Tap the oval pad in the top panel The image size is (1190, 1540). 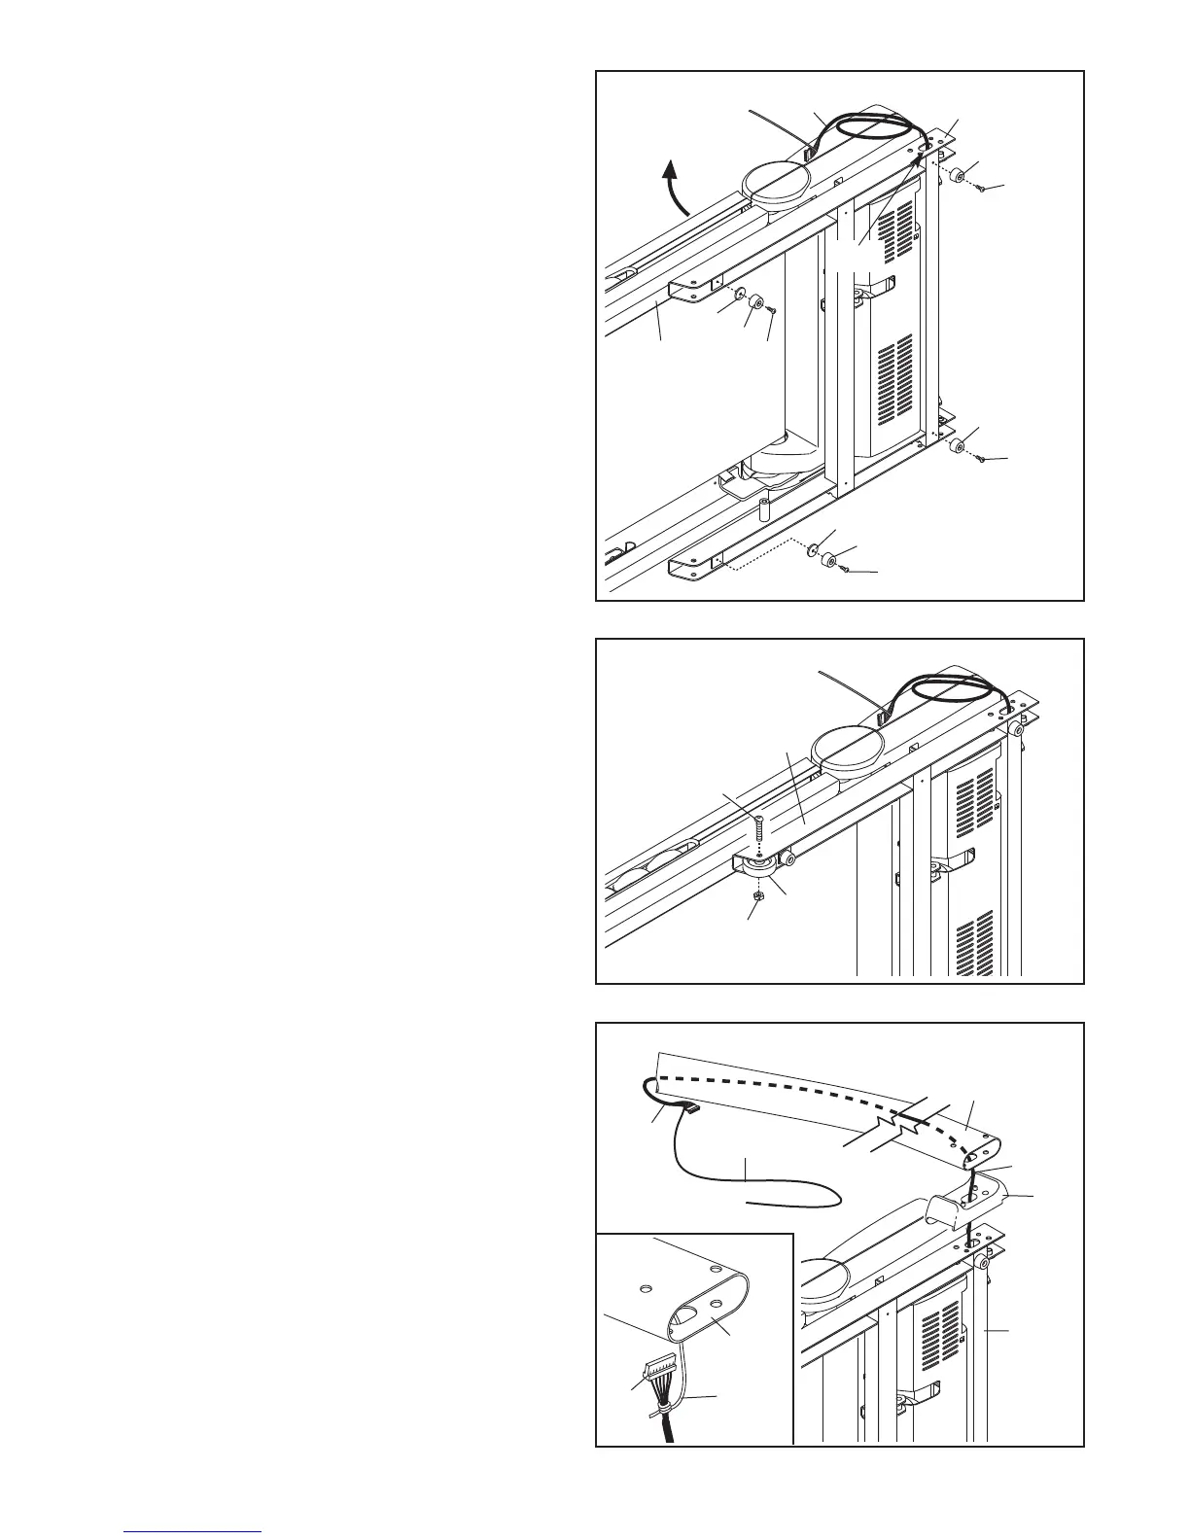point(774,183)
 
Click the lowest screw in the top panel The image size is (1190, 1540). point(844,569)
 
